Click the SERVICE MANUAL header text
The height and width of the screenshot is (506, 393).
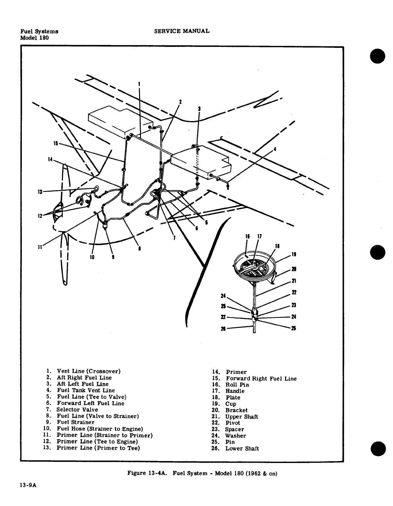[x=182, y=31]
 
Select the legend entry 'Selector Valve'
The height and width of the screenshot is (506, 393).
[x=77, y=410]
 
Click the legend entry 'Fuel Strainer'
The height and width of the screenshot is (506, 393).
[x=75, y=423]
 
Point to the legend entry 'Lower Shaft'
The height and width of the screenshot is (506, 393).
[x=242, y=449]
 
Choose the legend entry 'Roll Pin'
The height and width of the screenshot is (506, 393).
[x=237, y=385]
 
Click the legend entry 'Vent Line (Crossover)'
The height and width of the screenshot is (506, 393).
[x=88, y=371]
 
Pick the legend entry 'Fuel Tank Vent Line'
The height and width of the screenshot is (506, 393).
[x=86, y=390]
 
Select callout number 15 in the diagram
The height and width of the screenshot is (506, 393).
[x=56, y=143]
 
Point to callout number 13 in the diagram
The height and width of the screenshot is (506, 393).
[x=40, y=192]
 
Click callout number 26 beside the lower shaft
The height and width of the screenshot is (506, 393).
[x=223, y=328]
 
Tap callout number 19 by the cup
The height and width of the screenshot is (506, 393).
[x=293, y=255]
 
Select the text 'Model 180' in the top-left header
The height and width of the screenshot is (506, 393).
[x=34, y=38]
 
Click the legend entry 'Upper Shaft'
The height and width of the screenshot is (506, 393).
[x=241, y=416]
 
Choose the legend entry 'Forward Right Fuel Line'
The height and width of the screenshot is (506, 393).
[x=261, y=379]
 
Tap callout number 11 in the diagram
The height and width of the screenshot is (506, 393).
[x=40, y=247]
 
